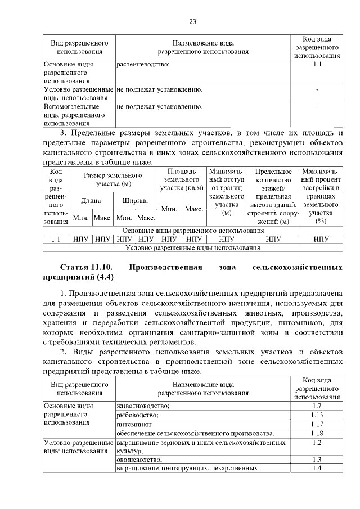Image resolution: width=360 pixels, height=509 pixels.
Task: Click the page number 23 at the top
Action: coord(192,21)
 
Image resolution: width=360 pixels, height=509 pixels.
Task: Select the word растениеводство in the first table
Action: coord(143,65)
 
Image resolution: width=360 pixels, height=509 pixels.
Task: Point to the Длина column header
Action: coord(91,200)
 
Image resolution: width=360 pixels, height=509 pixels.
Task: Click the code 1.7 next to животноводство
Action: coord(317,406)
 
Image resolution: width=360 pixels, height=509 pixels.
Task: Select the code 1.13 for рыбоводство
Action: coord(317,415)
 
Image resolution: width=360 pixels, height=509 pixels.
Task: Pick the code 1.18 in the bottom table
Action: coord(317,433)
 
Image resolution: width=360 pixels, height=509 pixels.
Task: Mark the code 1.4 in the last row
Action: coord(317,469)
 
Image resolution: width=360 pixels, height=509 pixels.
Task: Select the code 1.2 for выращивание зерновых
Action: coord(317,443)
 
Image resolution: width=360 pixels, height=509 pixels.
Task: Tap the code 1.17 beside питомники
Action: coord(317,424)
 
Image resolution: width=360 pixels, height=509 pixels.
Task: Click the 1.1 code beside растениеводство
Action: coord(317,65)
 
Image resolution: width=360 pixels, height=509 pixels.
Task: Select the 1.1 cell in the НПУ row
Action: coord(56,239)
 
